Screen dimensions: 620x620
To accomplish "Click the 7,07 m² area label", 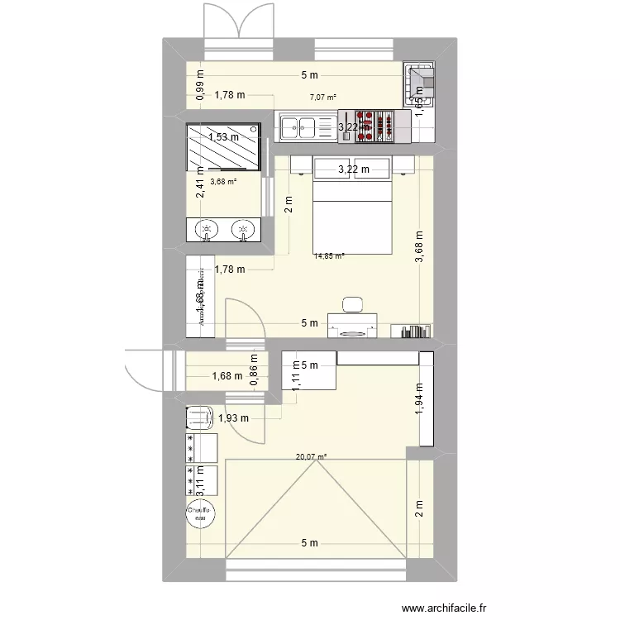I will (x=323, y=98).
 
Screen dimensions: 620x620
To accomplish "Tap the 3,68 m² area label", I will (x=223, y=183).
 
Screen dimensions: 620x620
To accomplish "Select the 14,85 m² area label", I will (x=328, y=256).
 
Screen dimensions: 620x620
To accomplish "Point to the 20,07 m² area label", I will (x=312, y=455).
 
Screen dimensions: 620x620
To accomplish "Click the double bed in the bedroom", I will (x=351, y=217).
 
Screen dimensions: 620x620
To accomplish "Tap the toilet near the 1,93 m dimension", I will (x=201, y=417).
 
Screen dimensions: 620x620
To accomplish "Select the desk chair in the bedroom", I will (x=353, y=304).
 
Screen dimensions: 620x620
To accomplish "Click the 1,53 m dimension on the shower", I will (x=223, y=137).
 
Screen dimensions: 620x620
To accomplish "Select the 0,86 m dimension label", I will (x=255, y=366).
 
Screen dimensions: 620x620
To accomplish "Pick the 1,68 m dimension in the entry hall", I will (x=228, y=377).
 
